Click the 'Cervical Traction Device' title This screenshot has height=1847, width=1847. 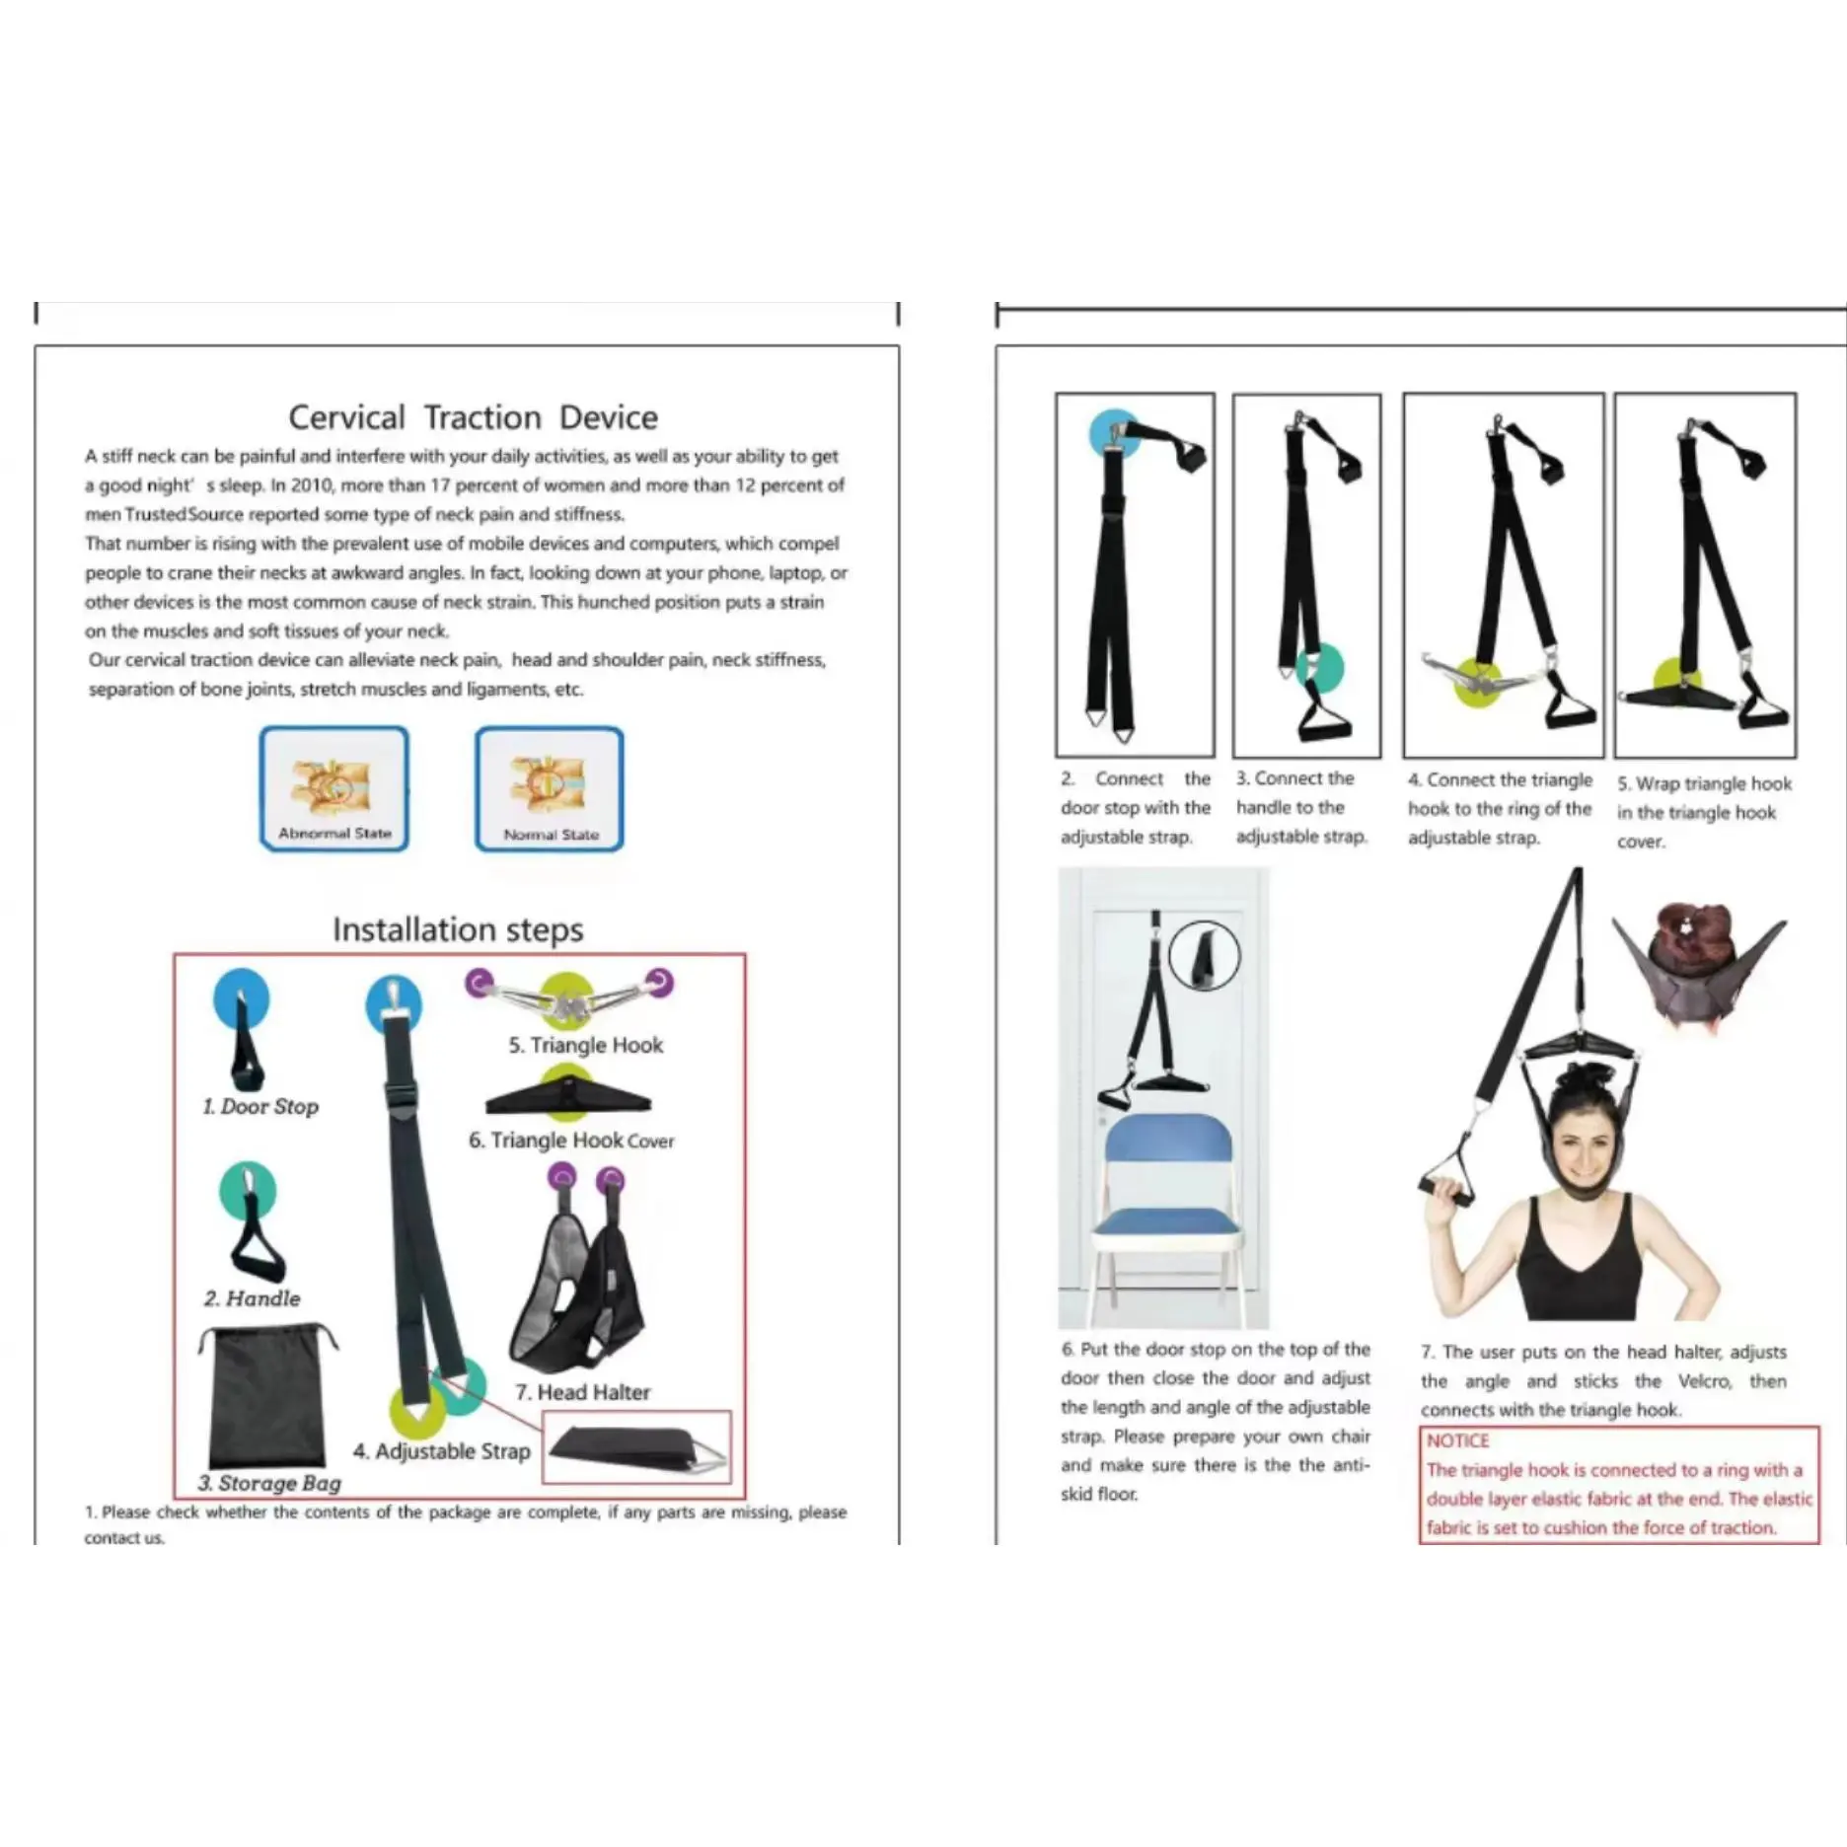pos(473,417)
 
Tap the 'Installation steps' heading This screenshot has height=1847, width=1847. pos(458,929)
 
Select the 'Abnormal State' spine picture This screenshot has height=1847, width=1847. pos(334,788)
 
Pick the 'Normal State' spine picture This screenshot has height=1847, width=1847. pos(550,788)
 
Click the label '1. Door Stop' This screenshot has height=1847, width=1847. pos(260,1107)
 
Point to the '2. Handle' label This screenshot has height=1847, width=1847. pos(253,1298)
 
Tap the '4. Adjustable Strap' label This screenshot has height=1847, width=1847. pos(442,1451)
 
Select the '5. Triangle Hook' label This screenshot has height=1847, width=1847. pos(586,1045)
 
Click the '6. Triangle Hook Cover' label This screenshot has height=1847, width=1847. pos(571,1141)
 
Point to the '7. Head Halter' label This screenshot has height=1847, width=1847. pos(582,1392)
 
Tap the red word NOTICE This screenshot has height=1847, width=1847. pos(1457,1441)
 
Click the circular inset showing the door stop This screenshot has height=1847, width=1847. pos(1205,955)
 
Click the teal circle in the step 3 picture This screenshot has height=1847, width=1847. pos(1320,668)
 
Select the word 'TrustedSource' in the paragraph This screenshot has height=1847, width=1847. pos(184,514)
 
